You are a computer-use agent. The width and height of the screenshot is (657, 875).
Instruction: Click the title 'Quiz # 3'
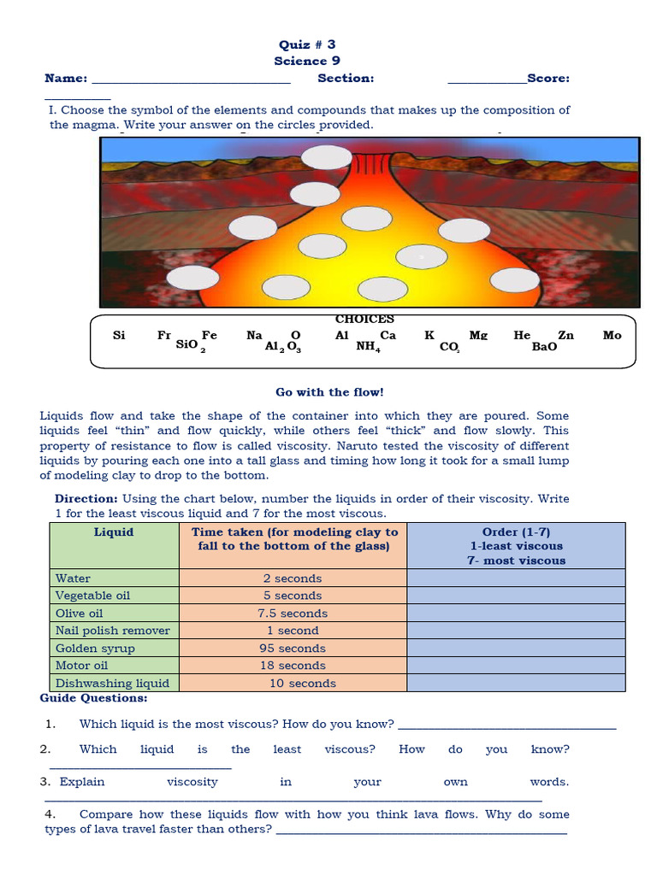click(308, 44)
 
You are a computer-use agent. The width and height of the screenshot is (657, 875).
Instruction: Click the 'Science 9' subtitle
click(306, 61)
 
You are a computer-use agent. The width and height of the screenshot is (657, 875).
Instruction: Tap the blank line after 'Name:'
click(190, 79)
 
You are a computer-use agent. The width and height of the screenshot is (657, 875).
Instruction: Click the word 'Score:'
click(548, 78)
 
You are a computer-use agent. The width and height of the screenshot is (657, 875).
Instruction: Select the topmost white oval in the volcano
click(326, 157)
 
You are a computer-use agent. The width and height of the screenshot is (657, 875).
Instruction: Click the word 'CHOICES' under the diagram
click(364, 320)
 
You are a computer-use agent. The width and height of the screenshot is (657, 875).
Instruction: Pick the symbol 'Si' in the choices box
click(119, 335)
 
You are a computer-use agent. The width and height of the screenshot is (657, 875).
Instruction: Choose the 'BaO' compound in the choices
click(544, 347)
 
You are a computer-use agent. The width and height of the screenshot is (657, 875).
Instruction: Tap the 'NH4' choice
click(368, 347)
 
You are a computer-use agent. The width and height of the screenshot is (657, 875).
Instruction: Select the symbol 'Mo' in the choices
click(612, 335)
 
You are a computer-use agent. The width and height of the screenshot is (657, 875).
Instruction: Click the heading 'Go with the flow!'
click(329, 392)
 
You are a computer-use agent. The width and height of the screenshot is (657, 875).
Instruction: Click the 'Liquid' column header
click(114, 531)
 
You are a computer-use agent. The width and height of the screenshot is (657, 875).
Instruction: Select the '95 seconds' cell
click(292, 648)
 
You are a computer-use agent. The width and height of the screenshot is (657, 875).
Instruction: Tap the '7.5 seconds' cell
click(292, 613)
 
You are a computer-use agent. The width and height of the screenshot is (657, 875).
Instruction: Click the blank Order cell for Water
click(516, 578)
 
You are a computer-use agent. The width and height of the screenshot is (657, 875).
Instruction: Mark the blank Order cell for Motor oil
click(516, 665)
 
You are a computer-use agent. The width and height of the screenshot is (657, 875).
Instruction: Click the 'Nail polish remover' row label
click(113, 630)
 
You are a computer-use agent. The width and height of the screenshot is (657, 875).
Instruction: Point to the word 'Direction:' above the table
click(86, 498)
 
